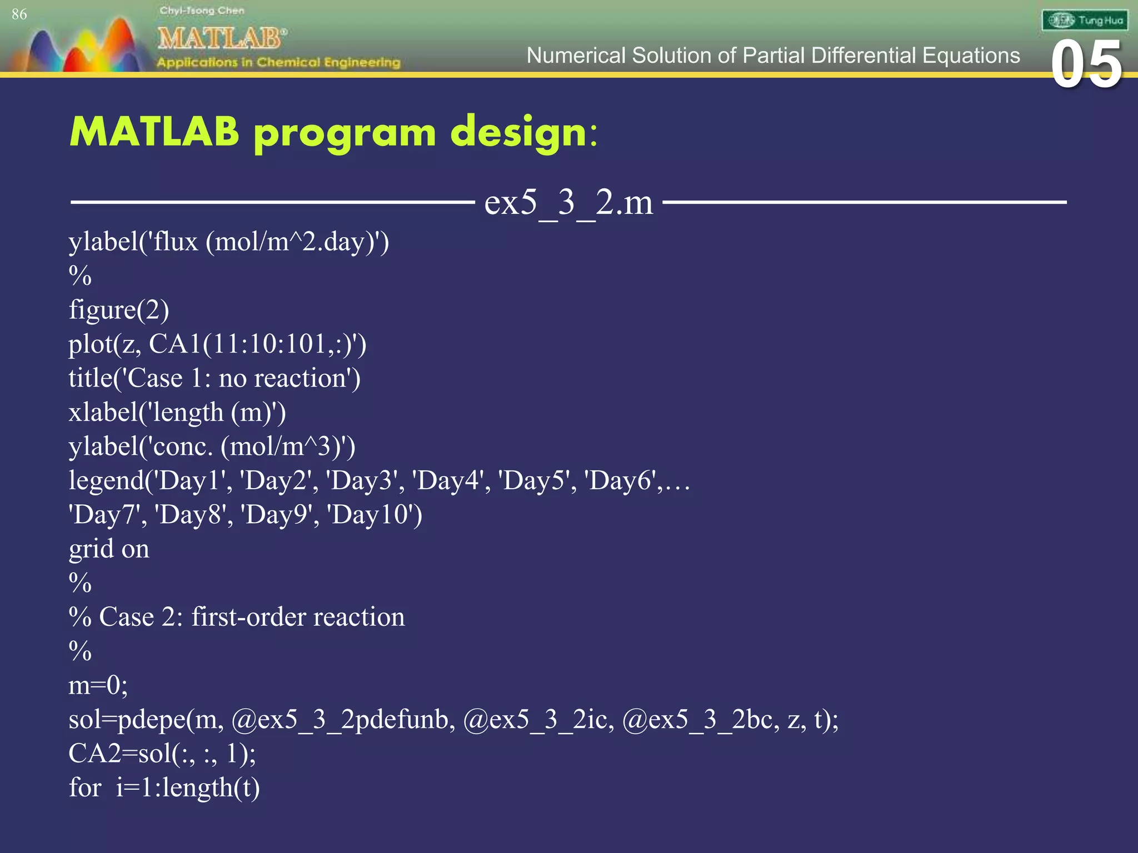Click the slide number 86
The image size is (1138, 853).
[x=19, y=14]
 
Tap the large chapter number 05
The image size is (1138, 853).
[x=1086, y=66]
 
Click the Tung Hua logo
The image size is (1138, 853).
[x=1084, y=21]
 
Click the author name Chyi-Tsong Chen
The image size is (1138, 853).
[x=202, y=11]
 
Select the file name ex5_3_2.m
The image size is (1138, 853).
[x=568, y=202]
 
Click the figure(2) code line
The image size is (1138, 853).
[x=119, y=309]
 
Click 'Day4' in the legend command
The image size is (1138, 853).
[x=449, y=480]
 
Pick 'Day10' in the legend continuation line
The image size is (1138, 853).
[x=374, y=514]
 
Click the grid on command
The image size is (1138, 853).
[x=109, y=549]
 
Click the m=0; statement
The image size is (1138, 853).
[x=98, y=685]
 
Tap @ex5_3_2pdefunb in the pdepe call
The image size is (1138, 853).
[x=340, y=719]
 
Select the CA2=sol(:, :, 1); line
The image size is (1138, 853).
[x=162, y=754]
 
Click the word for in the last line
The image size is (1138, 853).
[x=84, y=787]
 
